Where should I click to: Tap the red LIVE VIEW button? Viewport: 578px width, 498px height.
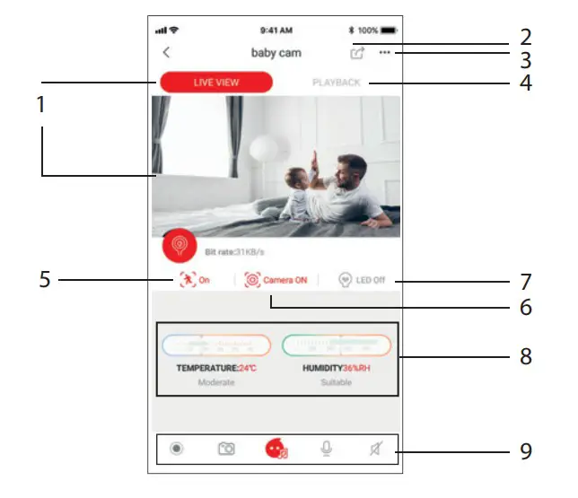pyautogui.click(x=216, y=83)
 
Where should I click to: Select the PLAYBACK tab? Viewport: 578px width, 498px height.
pyautogui.click(x=336, y=83)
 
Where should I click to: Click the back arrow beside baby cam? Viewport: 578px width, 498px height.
pyautogui.click(x=166, y=53)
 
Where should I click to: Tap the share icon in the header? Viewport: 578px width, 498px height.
pyautogui.click(x=358, y=53)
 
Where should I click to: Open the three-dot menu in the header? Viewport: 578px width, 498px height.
pyautogui.click(x=385, y=53)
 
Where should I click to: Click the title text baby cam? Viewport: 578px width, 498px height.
pyautogui.click(x=276, y=53)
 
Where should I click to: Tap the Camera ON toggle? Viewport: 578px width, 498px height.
pyautogui.click(x=276, y=280)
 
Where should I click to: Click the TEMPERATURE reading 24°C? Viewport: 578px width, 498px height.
pyautogui.click(x=215, y=369)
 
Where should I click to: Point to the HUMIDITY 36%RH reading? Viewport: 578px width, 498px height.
pyautogui.click(x=337, y=369)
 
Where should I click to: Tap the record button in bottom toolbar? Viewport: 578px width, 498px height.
pyautogui.click(x=177, y=449)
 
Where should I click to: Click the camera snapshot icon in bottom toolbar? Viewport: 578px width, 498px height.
pyautogui.click(x=226, y=449)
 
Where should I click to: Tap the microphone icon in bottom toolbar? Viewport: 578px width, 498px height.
pyautogui.click(x=327, y=449)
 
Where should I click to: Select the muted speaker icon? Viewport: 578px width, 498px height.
pyautogui.click(x=375, y=449)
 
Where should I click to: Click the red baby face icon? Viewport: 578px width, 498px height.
pyautogui.click(x=276, y=449)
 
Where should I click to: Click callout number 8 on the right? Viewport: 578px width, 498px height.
pyautogui.click(x=525, y=356)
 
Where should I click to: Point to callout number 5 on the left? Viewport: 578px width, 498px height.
pyautogui.click(x=45, y=280)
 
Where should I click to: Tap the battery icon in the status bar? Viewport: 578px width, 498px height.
pyautogui.click(x=388, y=31)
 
